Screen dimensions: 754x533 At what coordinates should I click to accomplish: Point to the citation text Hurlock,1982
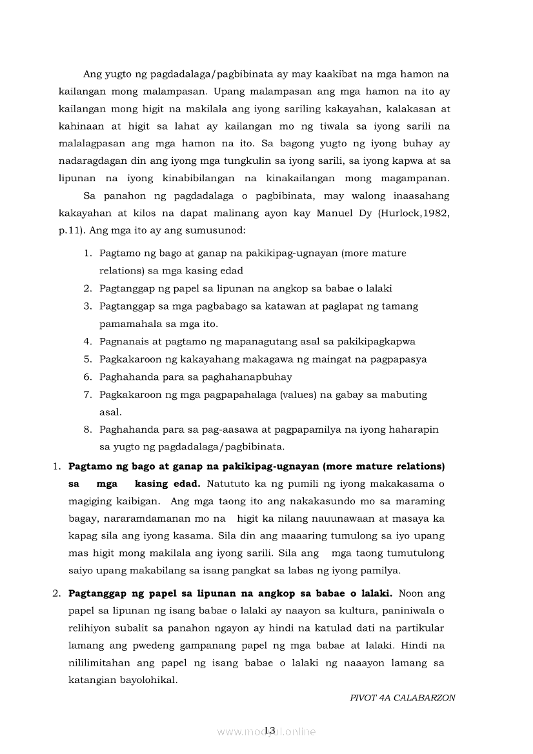(x=419, y=212)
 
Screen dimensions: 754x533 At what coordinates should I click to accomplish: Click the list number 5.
(x=87, y=359)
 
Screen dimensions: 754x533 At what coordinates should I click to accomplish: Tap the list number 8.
(x=87, y=429)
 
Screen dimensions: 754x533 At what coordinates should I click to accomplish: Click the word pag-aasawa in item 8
(x=250, y=429)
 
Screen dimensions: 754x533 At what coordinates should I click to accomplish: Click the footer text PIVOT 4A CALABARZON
(x=402, y=698)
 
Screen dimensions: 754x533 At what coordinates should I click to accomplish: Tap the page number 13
(x=269, y=730)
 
